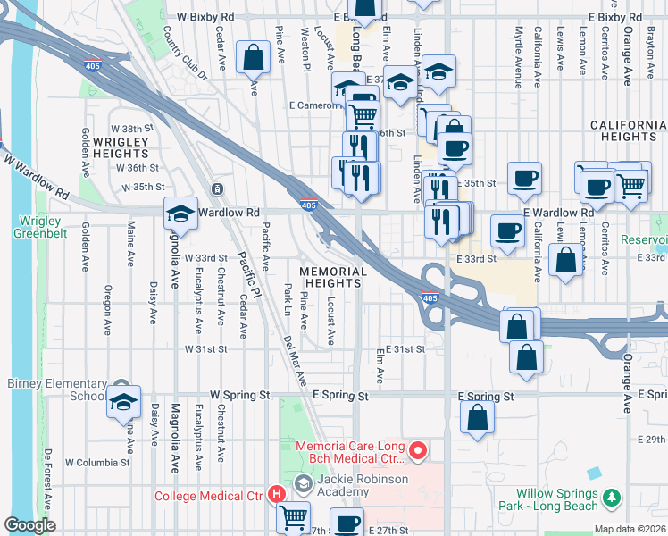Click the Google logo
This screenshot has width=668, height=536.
29,525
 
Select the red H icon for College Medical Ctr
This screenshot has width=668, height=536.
277,492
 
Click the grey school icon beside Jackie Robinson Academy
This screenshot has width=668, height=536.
304,483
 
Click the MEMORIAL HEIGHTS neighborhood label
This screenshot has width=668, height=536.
332,277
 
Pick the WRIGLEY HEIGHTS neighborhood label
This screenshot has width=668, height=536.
120,147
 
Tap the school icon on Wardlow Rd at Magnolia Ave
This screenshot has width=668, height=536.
180,214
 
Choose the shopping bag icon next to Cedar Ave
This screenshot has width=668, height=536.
254,59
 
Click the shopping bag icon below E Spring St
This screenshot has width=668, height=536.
479,416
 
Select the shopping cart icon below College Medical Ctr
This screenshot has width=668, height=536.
293,517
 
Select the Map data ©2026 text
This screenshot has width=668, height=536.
630,529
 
